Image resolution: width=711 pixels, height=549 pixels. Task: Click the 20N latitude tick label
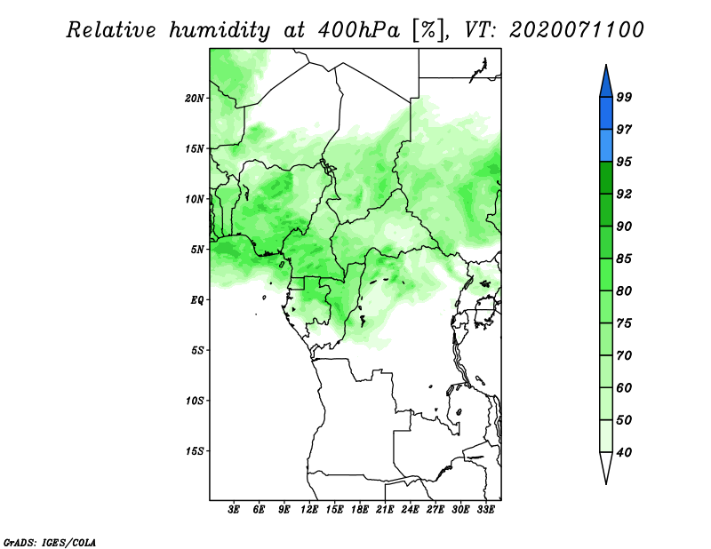coord(195,99)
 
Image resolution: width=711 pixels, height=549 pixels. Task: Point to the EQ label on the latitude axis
coord(197,300)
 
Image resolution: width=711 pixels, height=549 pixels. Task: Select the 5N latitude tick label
coord(197,250)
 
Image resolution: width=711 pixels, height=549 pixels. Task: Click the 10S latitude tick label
coord(195,401)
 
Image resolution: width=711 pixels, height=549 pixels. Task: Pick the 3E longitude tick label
coord(234,510)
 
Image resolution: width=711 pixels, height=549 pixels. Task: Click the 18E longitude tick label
coord(360,510)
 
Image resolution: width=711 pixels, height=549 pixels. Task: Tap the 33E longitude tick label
coord(485,510)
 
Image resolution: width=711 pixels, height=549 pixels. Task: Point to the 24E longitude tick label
coord(410,510)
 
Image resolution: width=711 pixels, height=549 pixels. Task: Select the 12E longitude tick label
coord(309,510)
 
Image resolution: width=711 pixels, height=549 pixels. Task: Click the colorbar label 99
coord(624,97)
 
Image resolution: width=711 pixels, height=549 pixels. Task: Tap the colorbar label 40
coord(624,452)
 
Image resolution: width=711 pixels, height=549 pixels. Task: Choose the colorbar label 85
coord(624,259)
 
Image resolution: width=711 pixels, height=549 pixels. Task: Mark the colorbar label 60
coord(624,388)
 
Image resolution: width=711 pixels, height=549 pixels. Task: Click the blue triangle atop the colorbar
coord(606,84)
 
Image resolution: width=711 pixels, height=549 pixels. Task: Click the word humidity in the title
coord(220,30)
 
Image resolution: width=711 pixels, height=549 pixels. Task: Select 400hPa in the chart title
coord(359,30)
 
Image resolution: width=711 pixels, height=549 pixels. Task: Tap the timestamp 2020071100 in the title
coord(576,30)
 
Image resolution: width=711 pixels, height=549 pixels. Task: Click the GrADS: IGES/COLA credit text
coord(50,543)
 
